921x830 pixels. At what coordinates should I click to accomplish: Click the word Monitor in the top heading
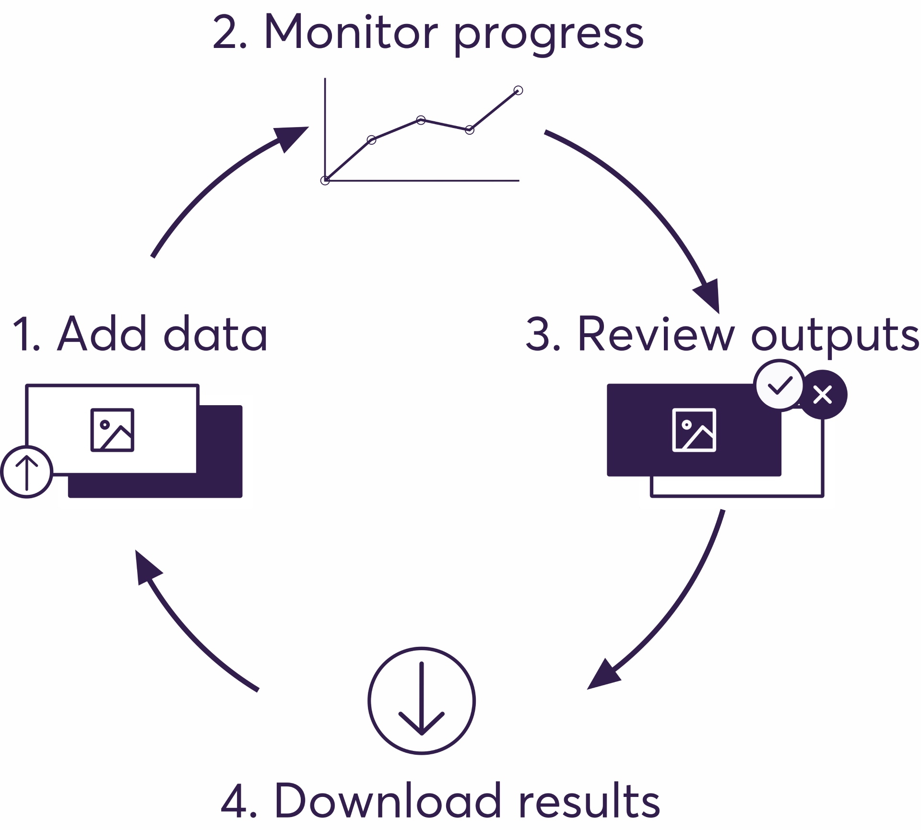pyautogui.click(x=350, y=33)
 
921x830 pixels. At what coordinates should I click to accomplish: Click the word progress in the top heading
pyautogui.click(x=548, y=35)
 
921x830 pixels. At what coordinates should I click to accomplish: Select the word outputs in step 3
pyautogui.click(x=835, y=336)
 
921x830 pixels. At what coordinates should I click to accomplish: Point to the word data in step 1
pyautogui.click(x=215, y=334)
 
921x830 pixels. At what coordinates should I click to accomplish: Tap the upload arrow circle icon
pyautogui.click(x=27, y=472)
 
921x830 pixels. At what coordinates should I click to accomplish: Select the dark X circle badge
pyautogui.click(x=823, y=395)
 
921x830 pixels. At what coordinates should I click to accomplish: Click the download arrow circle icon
pyautogui.click(x=422, y=701)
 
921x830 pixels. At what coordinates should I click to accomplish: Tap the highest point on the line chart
pyautogui.click(x=518, y=90)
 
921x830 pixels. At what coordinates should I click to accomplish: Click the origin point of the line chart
pyautogui.click(x=325, y=180)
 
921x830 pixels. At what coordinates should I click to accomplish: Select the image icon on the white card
pyautogui.click(x=112, y=430)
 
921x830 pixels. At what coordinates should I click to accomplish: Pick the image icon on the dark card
pyautogui.click(x=694, y=430)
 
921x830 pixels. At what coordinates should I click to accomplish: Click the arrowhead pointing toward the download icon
pyautogui.click(x=602, y=676)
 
